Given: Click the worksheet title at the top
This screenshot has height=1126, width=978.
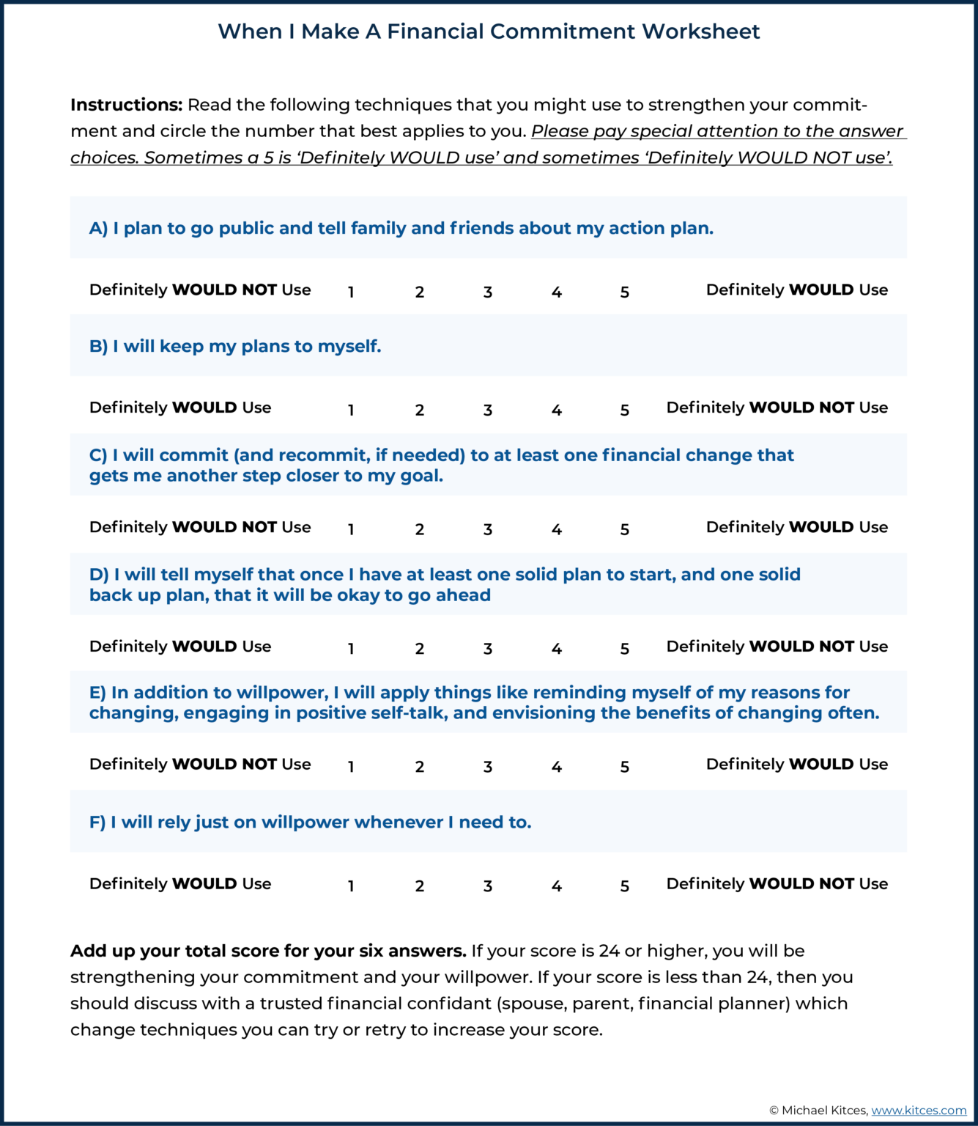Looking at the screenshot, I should pyautogui.click(x=489, y=32).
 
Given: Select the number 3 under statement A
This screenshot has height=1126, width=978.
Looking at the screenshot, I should pyautogui.click(x=488, y=292).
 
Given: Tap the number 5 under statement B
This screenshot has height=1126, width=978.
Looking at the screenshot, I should pyautogui.click(x=625, y=410).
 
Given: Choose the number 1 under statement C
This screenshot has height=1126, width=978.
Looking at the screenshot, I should pyautogui.click(x=351, y=529).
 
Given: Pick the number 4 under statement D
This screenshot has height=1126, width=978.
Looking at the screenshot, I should pyautogui.click(x=557, y=649).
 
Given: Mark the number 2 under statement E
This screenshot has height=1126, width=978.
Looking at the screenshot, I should pyautogui.click(x=420, y=767).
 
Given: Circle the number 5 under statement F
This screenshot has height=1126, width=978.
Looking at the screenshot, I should pyautogui.click(x=625, y=886).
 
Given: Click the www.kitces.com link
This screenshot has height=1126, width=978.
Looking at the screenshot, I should pyautogui.click(x=919, y=1110).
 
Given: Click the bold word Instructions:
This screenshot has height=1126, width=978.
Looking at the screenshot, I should pyautogui.click(x=126, y=105).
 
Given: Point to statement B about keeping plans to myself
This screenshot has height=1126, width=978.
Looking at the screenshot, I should pyautogui.click(x=235, y=346).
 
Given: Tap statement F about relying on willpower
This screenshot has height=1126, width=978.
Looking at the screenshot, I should pyautogui.click(x=311, y=822).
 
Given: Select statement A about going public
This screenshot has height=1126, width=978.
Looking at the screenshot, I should pyautogui.click(x=401, y=228).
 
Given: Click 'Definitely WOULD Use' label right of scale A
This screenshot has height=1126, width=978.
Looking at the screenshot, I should pyautogui.click(x=796, y=290).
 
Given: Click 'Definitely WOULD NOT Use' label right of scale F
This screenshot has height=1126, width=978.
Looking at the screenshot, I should pyautogui.click(x=777, y=883).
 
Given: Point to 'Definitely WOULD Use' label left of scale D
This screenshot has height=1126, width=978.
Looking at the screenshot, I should pyautogui.click(x=180, y=646).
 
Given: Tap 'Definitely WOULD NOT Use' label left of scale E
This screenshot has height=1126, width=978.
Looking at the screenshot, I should pyautogui.click(x=200, y=764).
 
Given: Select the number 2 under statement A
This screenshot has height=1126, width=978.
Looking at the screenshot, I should pyautogui.click(x=420, y=292).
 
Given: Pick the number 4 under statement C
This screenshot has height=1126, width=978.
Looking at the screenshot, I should pyautogui.click(x=557, y=529).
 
